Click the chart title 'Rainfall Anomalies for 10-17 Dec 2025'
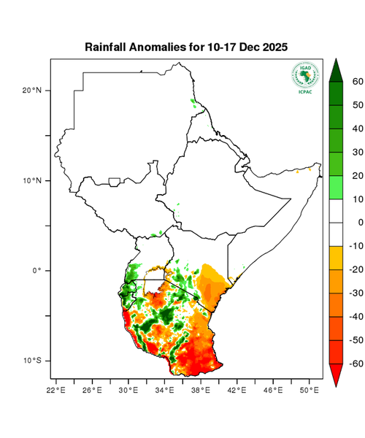(186, 47)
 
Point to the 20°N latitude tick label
(33, 91)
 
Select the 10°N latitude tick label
(33, 180)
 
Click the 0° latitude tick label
(36, 271)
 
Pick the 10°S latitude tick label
(33, 361)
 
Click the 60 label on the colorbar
(358, 82)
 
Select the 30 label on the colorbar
(358, 152)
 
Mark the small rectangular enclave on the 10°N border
(114, 181)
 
